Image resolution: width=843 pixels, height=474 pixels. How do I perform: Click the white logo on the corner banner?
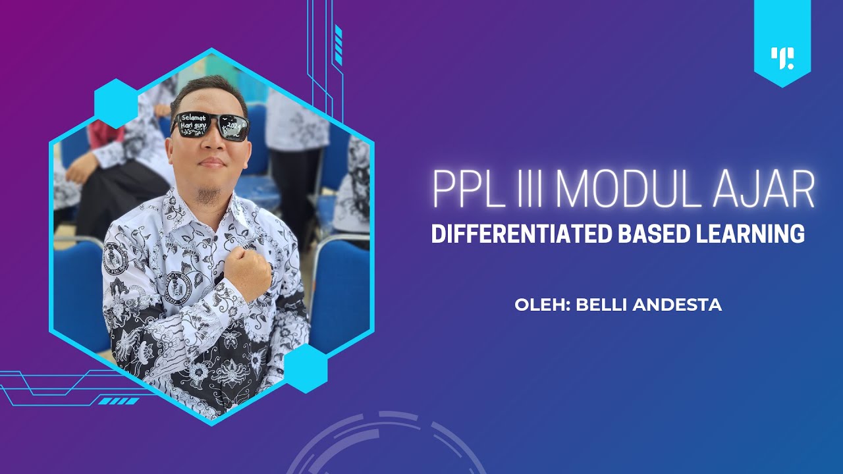782,58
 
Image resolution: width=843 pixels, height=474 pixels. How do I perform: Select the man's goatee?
209,194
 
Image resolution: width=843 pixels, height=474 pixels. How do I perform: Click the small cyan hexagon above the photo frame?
116,103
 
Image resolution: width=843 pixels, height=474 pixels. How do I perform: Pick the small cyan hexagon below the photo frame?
306,368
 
